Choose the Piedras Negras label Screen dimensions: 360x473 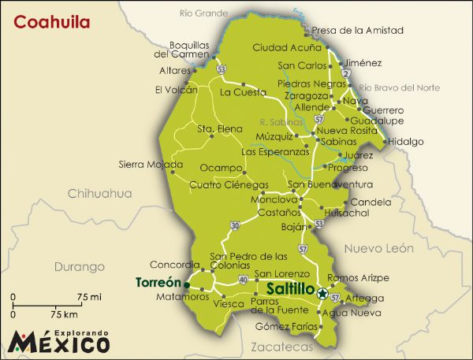point(308,84)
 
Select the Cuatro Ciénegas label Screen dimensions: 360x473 point(229,185)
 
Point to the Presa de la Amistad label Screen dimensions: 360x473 point(357,30)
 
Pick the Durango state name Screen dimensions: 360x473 point(79,266)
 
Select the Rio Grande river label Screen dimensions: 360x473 point(198,13)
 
